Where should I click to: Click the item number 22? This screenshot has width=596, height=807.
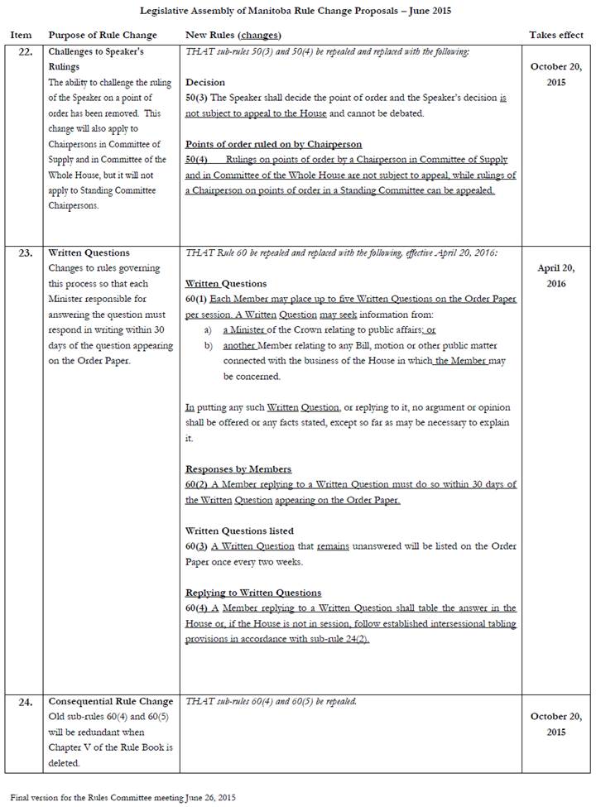(x=26, y=52)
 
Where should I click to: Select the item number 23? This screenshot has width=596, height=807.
(x=26, y=253)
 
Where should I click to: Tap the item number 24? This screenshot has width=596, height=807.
(x=26, y=702)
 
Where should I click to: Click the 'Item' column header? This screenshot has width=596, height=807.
(x=21, y=36)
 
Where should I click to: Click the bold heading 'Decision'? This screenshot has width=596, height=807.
(x=205, y=83)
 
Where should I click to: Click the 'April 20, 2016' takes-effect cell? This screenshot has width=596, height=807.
(x=555, y=276)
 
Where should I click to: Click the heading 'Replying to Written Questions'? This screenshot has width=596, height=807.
(x=253, y=593)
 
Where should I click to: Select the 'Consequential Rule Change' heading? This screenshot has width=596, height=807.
(x=111, y=701)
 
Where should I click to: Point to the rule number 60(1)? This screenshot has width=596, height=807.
(x=197, y=299)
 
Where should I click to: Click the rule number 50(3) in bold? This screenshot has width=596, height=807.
(x=197, y=98)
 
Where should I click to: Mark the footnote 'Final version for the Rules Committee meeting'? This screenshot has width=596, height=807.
(x=123, y=797)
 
